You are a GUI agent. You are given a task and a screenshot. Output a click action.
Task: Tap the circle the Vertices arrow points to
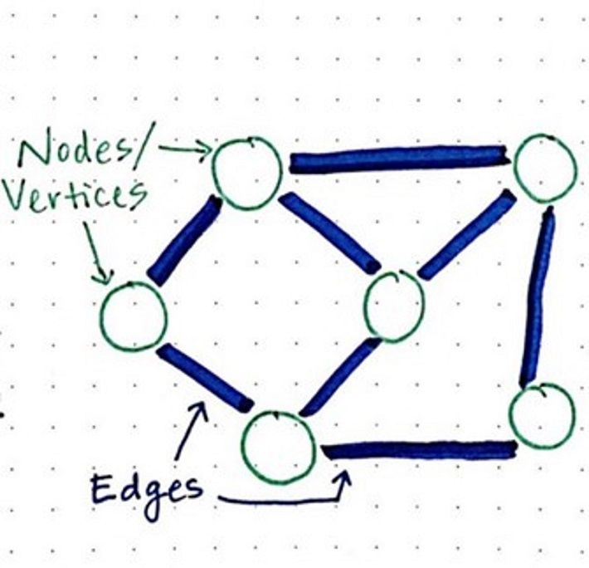(x=134, y=316)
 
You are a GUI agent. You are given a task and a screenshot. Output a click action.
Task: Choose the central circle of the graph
(x=394, y=304)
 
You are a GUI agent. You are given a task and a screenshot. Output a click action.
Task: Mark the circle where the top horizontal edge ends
(x=545, y=167)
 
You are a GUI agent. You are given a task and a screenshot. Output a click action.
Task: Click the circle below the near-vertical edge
(x=542, y=415)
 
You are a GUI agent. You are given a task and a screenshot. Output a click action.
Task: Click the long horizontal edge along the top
(x=398, y=158)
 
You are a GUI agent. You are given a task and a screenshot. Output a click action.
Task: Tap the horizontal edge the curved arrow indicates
(x=419, y=451)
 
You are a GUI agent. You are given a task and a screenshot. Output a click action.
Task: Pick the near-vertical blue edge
(x=538, y=296)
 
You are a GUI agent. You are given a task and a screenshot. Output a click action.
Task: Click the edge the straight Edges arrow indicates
(x=204, y=377)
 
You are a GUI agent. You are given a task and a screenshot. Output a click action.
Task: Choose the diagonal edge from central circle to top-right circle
(x=466, y=235)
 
